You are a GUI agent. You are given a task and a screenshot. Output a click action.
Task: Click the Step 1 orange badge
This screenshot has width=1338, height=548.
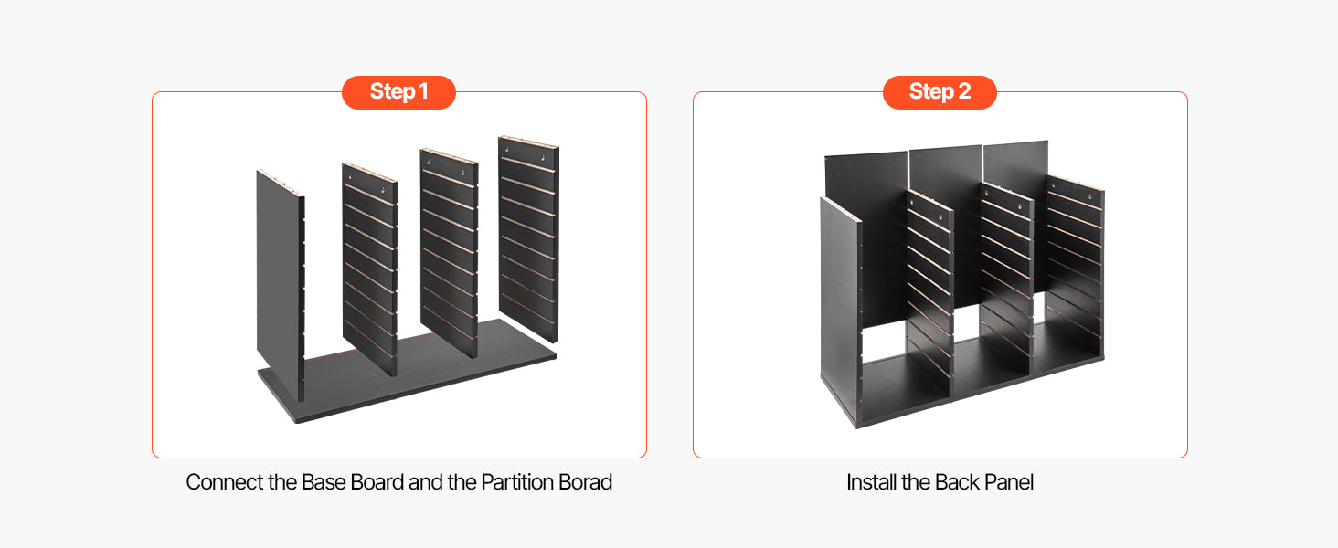point(398,92)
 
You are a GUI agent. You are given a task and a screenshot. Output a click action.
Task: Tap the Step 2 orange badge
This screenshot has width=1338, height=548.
point(940,92)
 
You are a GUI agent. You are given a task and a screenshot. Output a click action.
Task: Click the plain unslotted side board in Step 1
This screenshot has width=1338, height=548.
point(280,280)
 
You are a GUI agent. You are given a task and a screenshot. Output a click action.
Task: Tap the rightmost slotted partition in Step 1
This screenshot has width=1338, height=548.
point(528,238)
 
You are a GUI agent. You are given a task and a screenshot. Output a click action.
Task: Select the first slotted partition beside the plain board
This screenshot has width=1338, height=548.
point(369,269)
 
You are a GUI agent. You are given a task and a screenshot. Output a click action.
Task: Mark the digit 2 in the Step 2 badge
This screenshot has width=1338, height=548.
point(964,91)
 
